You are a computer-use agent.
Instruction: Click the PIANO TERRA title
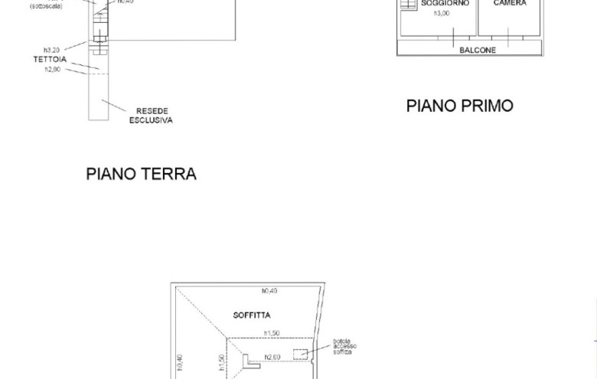coord(141,174)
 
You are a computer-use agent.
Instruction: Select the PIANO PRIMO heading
coord(459,106)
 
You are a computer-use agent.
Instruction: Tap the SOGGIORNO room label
coord(445,4)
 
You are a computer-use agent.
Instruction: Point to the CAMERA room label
coord(510,4)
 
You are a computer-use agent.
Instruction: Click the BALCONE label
coord(478,51)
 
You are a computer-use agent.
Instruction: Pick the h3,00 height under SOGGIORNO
coord(442,14)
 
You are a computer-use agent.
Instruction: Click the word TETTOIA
coord(50,60)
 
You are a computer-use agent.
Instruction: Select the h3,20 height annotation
coord(52,50)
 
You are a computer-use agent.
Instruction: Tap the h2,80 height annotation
coord(52,70)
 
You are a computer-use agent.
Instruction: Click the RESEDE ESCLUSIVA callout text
coord(152,116)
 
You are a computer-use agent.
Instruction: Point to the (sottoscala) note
coord(46,6)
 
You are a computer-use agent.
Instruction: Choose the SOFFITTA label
coord(252,315)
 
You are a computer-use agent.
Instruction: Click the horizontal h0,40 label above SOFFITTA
coord(269,291)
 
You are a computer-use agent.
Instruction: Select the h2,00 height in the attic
coord(272,357)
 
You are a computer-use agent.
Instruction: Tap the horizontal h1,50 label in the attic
coord(272,333)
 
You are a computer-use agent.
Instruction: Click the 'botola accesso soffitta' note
coord(344,347)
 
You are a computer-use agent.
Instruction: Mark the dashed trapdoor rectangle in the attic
coord(300,354)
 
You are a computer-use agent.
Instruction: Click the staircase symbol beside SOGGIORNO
coord(408,4)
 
